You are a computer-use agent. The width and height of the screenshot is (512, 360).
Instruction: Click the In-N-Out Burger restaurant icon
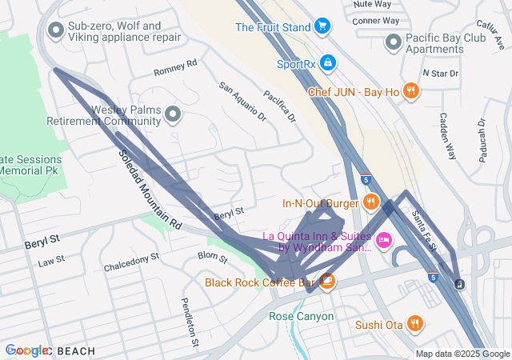coord(370,202)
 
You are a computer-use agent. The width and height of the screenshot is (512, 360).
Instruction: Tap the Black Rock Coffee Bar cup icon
coord(327,281)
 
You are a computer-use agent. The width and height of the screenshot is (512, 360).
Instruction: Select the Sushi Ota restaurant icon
coord(414,324)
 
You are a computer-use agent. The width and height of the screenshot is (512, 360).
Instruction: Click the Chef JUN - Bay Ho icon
coord(410,91)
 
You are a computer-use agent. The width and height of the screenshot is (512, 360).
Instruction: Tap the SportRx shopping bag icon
coord(328,62)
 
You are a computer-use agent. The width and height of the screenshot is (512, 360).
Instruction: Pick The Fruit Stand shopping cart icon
coord(322,27)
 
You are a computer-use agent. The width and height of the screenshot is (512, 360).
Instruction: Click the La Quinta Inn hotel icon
coord(384,240)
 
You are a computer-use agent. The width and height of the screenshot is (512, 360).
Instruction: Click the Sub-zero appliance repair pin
coord(56,31)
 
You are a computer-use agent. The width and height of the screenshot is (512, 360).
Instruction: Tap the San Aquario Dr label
coord(242,102)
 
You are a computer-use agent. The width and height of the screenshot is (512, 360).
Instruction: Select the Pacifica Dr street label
coord(280,106)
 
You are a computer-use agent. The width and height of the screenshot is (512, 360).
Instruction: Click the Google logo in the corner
coord(26,350)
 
